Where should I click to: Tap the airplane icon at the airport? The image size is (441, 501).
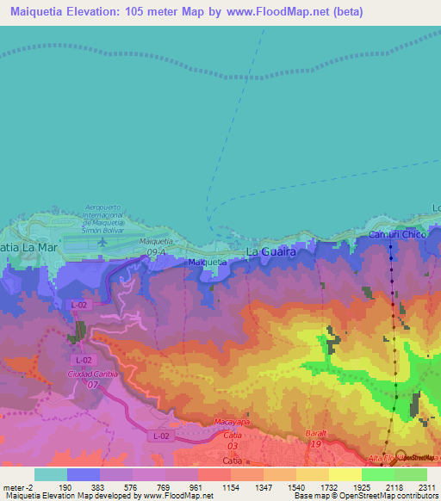pos(103,240)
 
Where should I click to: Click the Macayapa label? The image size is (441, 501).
pos(232,422)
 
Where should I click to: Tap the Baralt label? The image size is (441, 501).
pos(319,433)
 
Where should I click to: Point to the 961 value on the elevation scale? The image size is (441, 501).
pos(196,486)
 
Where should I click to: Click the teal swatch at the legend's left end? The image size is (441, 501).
pos(50,474)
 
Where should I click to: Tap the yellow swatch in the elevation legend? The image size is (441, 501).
pos(312,474)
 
